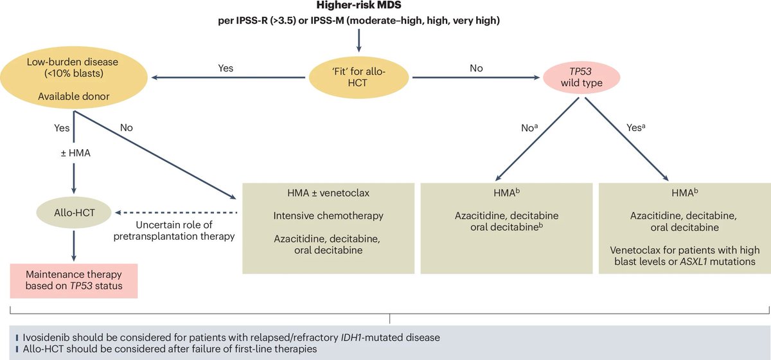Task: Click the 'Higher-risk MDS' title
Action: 359,6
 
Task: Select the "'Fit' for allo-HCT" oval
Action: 359,77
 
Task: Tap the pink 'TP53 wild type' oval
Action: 581,77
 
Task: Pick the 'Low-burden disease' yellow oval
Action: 74,78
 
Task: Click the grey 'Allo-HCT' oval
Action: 74,213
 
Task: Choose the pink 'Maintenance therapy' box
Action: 74,280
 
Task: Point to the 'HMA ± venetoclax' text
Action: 328,193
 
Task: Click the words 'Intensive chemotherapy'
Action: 328,216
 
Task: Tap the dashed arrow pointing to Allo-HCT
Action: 176,213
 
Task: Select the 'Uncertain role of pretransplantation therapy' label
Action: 174,231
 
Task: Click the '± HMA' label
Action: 75,152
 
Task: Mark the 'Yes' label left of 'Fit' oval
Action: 226,68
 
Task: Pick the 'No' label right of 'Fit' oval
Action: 476,68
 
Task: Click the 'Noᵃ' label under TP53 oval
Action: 529,128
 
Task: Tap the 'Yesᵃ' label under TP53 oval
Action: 635,127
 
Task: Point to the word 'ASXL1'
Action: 693,262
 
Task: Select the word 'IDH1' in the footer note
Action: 351,337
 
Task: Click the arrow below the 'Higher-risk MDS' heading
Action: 359,40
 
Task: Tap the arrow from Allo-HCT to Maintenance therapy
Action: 74,246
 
